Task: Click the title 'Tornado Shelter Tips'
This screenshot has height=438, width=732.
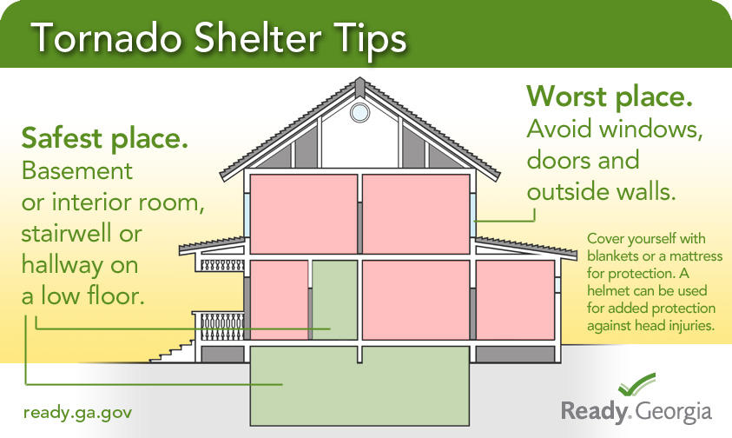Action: pos(219,39)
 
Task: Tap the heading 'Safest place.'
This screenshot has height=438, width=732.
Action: pos(105,137)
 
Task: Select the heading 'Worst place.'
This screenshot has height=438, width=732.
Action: pos(610,96)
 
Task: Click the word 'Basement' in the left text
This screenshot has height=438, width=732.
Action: pos(77,171)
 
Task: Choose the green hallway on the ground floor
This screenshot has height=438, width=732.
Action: pos(333,300)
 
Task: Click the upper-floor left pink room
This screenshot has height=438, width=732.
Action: pos(304,214)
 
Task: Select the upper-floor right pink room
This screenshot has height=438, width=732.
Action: pos(414,214)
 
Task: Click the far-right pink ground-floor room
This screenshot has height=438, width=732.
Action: pos(514,300)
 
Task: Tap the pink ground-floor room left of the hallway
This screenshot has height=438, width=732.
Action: pos(279,300)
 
